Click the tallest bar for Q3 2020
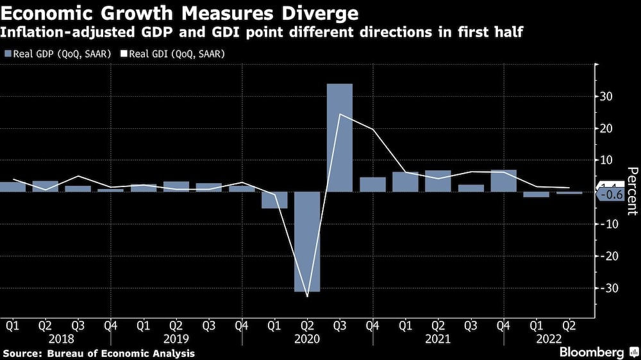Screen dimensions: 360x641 tap(340, 137)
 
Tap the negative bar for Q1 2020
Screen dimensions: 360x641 tap(274, 200)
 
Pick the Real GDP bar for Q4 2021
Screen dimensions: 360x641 tap(503, 181)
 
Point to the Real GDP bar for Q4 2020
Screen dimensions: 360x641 tap(372, 184)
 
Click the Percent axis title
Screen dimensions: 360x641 tap(632, 185)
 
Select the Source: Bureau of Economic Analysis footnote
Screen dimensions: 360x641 tap(99, 353)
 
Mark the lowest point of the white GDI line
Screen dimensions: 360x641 tap(308, 296)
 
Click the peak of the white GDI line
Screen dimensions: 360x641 tap(340, 114)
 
